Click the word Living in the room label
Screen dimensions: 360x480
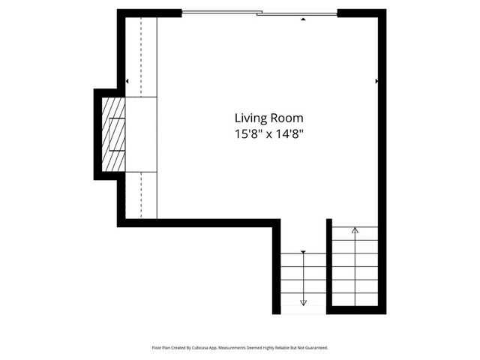(x=250, y=118)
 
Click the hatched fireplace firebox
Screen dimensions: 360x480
(x=113, y=134)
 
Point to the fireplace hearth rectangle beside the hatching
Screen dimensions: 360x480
(x=140, y=134)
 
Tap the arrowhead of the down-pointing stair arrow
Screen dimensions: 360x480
(x=304, y=302)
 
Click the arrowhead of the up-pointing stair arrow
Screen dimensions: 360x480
(x=355, y=230)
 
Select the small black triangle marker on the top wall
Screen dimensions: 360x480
(x=302, y=19)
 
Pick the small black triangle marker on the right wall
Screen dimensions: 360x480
(x=376, y=80)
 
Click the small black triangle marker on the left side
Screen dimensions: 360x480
(x=127, y=81)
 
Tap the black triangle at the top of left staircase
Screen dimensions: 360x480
(x=303, y=252)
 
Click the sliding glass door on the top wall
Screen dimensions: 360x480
(x=259, y=13)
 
